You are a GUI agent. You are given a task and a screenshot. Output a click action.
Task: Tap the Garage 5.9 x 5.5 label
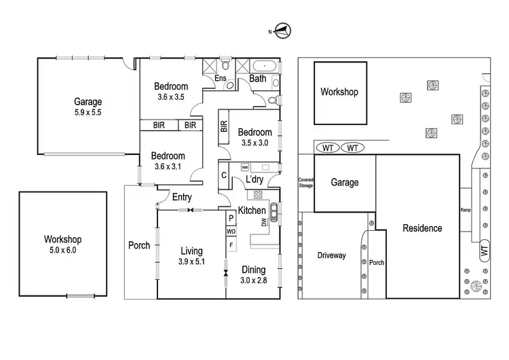[88, 107]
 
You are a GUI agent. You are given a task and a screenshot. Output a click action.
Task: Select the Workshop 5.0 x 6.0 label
[62, 245]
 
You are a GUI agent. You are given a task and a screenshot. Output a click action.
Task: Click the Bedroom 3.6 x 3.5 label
[170, 92]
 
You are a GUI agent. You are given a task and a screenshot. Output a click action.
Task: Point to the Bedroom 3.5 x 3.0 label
[255, 137]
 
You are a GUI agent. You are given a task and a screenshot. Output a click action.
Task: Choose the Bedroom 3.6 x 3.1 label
[170, 161]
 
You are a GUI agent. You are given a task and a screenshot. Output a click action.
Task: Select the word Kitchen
[252, 211]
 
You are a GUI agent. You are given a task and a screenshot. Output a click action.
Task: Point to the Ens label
[220, 79]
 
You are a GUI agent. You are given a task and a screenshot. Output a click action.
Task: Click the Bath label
[258, 79]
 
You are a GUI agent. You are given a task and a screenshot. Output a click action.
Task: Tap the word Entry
[181, 197]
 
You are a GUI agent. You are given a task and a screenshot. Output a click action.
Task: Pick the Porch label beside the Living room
[139, 245]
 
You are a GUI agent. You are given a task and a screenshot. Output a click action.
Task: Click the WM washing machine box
[245, 166]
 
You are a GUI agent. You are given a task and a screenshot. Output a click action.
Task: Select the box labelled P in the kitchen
[231, 218]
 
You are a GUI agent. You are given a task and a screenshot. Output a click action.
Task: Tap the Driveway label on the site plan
[332, 255]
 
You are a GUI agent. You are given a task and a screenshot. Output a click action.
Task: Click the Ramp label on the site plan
[466, 209]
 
